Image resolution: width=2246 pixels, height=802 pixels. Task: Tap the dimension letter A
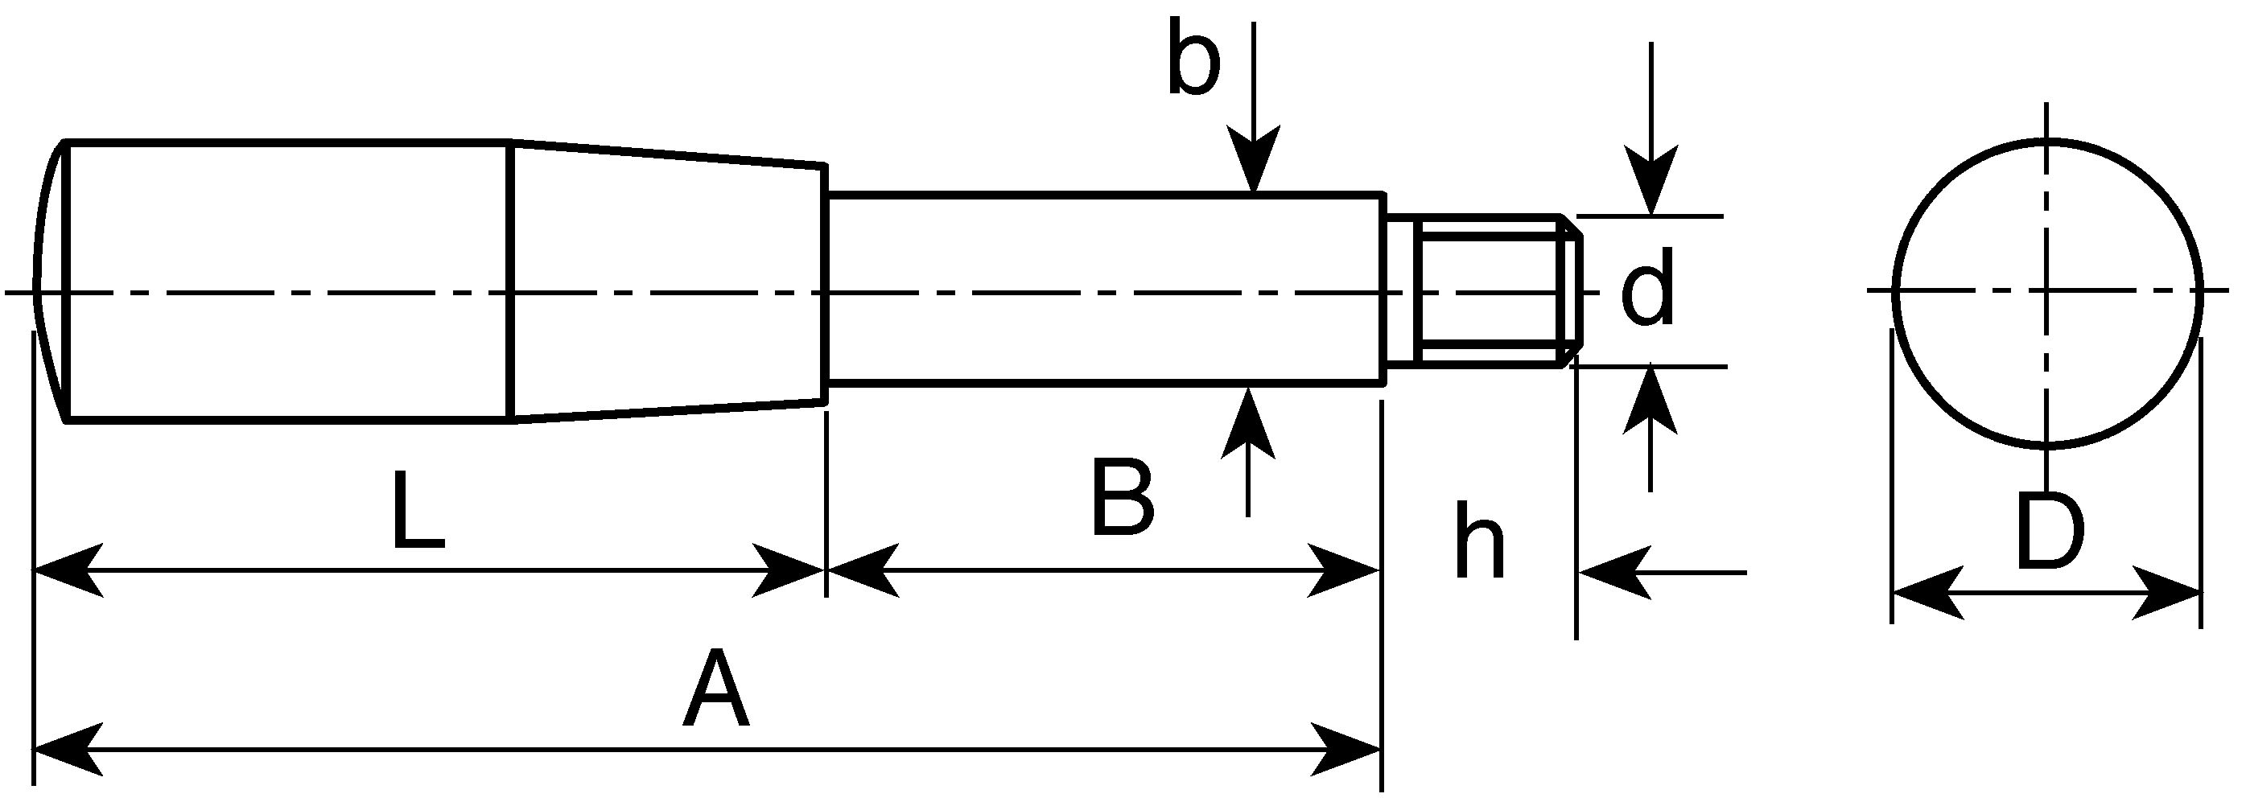tap(716, 688)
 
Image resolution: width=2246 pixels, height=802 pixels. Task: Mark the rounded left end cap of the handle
tap(51, 281)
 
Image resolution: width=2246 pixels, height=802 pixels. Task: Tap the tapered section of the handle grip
tap(669, 282)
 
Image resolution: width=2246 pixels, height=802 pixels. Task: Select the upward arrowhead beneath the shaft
tap(1247, 422)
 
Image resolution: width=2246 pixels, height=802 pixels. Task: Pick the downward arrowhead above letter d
tap(1651, 180)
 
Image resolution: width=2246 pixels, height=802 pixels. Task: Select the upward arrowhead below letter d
tap(1650, 401)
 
